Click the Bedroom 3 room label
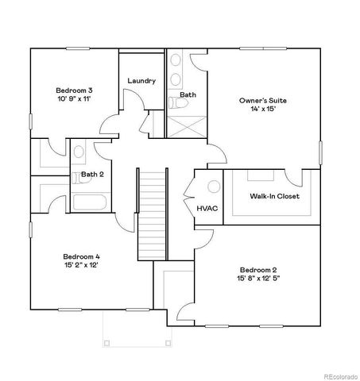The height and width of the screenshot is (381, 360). click(73, 90)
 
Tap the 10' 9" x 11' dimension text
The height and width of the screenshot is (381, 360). click(73, 99)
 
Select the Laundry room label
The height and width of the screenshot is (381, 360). click(141, 81)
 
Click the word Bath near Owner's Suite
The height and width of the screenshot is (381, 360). click(188, 94)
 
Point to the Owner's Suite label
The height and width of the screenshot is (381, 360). click(263, 101)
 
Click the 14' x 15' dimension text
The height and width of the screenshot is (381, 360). click(263, 110)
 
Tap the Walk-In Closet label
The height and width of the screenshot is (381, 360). click(274, 196)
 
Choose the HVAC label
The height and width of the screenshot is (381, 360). click(207, 208)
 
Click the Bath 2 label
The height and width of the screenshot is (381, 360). click(92, 174)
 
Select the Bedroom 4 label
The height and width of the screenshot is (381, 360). click(81, 256)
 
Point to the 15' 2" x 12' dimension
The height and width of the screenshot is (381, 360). click(81, 266)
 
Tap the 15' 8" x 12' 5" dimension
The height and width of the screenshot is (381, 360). click(257, 279)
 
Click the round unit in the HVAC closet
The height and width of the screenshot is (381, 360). click(213, 187)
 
